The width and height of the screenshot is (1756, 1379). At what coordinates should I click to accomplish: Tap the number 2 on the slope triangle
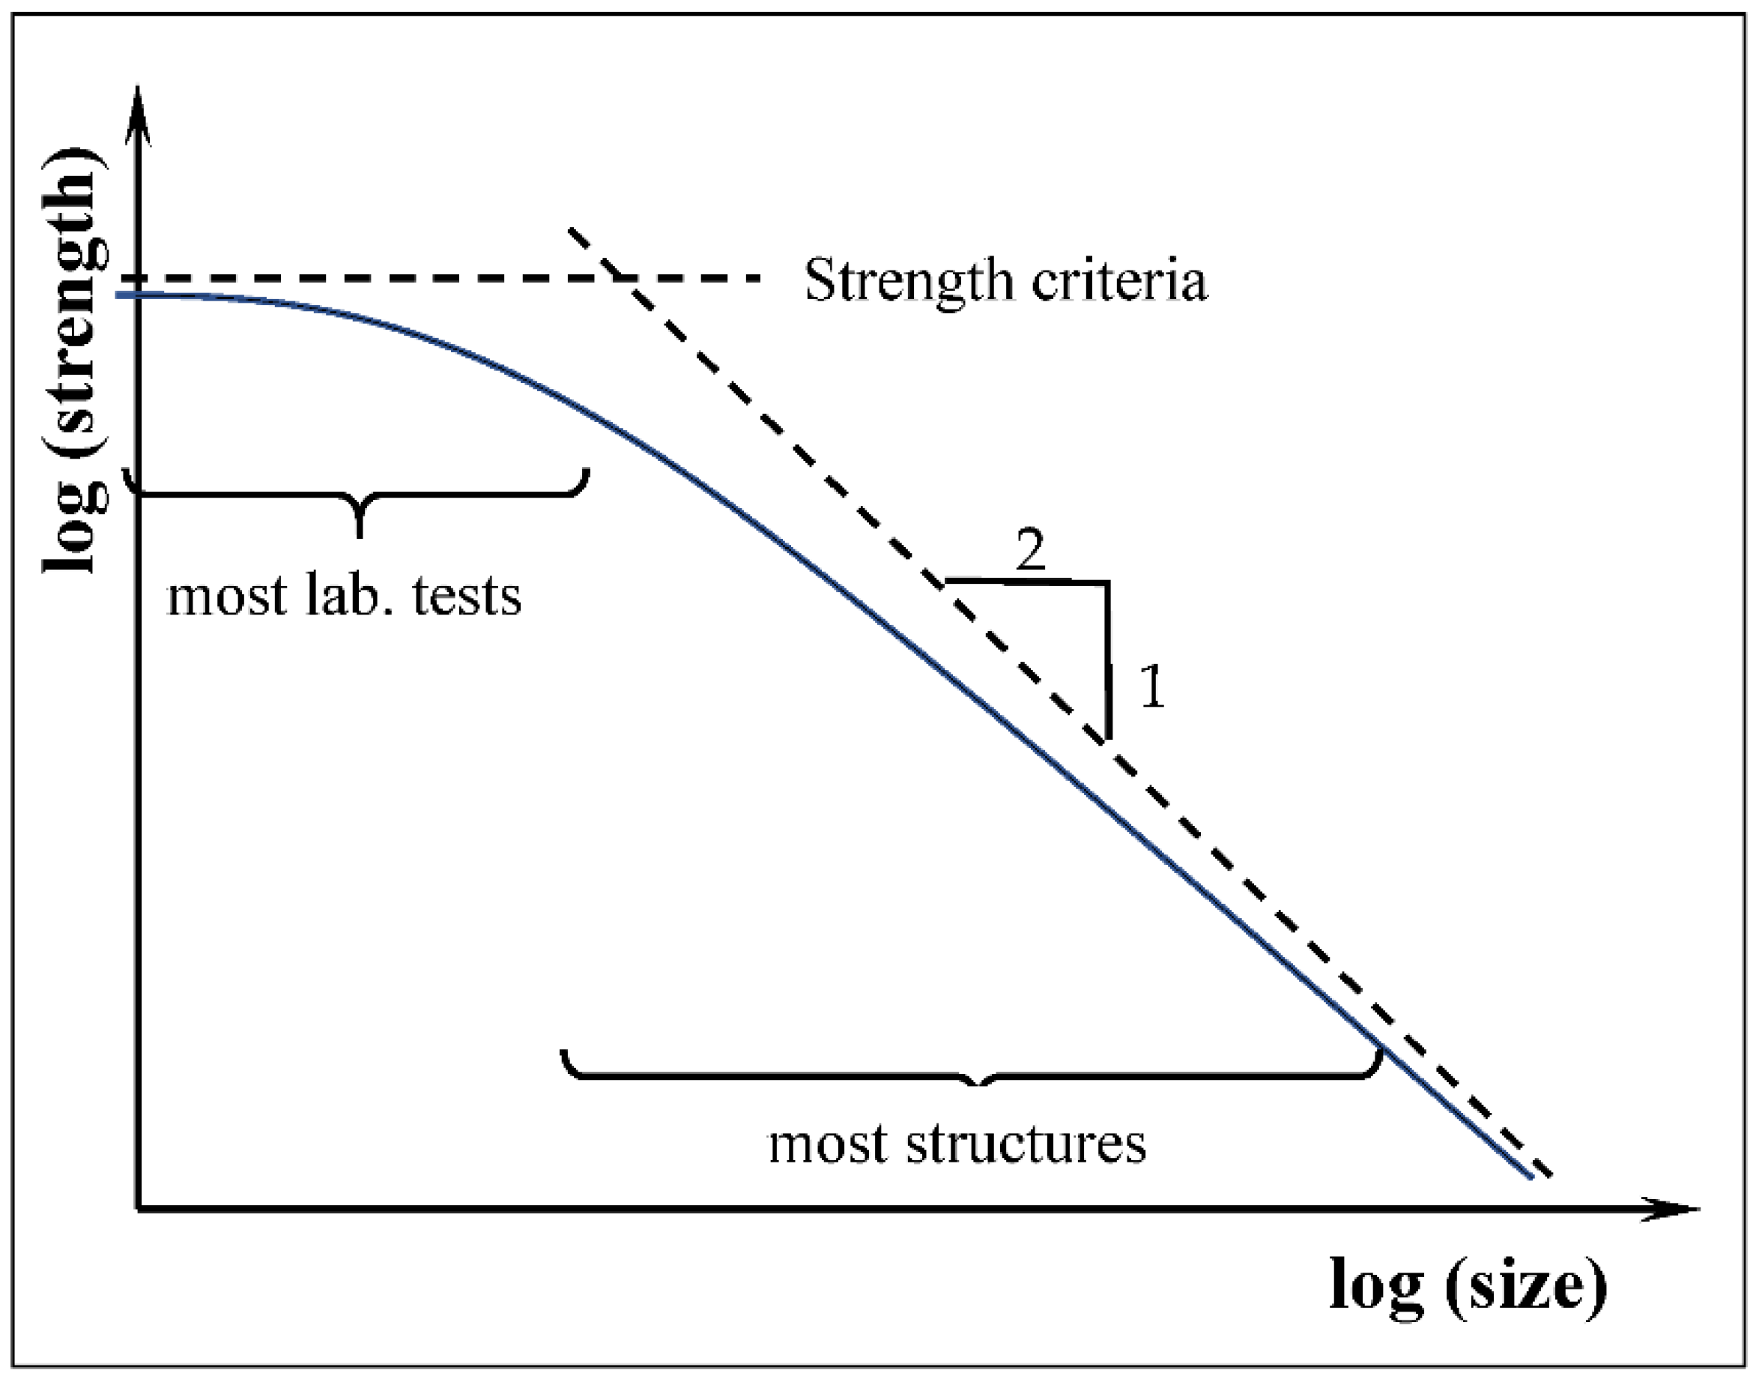(1031, 552)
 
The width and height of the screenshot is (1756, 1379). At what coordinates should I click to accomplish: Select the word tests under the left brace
(467, 597)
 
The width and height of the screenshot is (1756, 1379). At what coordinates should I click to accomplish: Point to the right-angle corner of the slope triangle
(1108, 582)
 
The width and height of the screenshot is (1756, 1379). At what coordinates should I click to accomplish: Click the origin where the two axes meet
(139, 1209)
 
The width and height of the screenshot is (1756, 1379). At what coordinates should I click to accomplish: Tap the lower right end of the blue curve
(1530, 1178)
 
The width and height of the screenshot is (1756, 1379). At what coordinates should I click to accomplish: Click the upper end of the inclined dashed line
(572, 230)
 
